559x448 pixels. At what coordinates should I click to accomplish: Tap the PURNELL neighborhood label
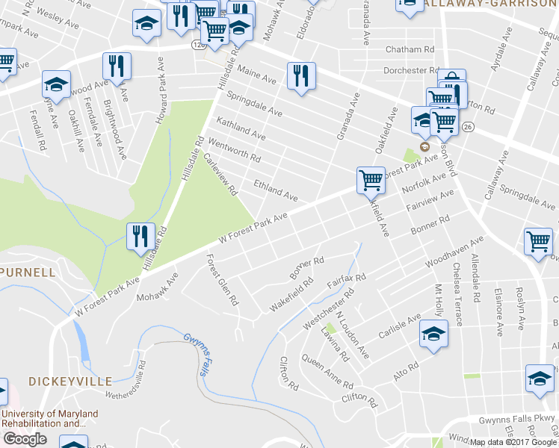[28, 272]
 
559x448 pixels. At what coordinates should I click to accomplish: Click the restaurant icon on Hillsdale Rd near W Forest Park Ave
[140, 237]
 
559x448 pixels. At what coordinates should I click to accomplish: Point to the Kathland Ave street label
[241, 128]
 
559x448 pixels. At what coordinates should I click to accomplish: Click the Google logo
[25, 439]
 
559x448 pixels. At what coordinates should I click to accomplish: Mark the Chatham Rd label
[410, 49]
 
